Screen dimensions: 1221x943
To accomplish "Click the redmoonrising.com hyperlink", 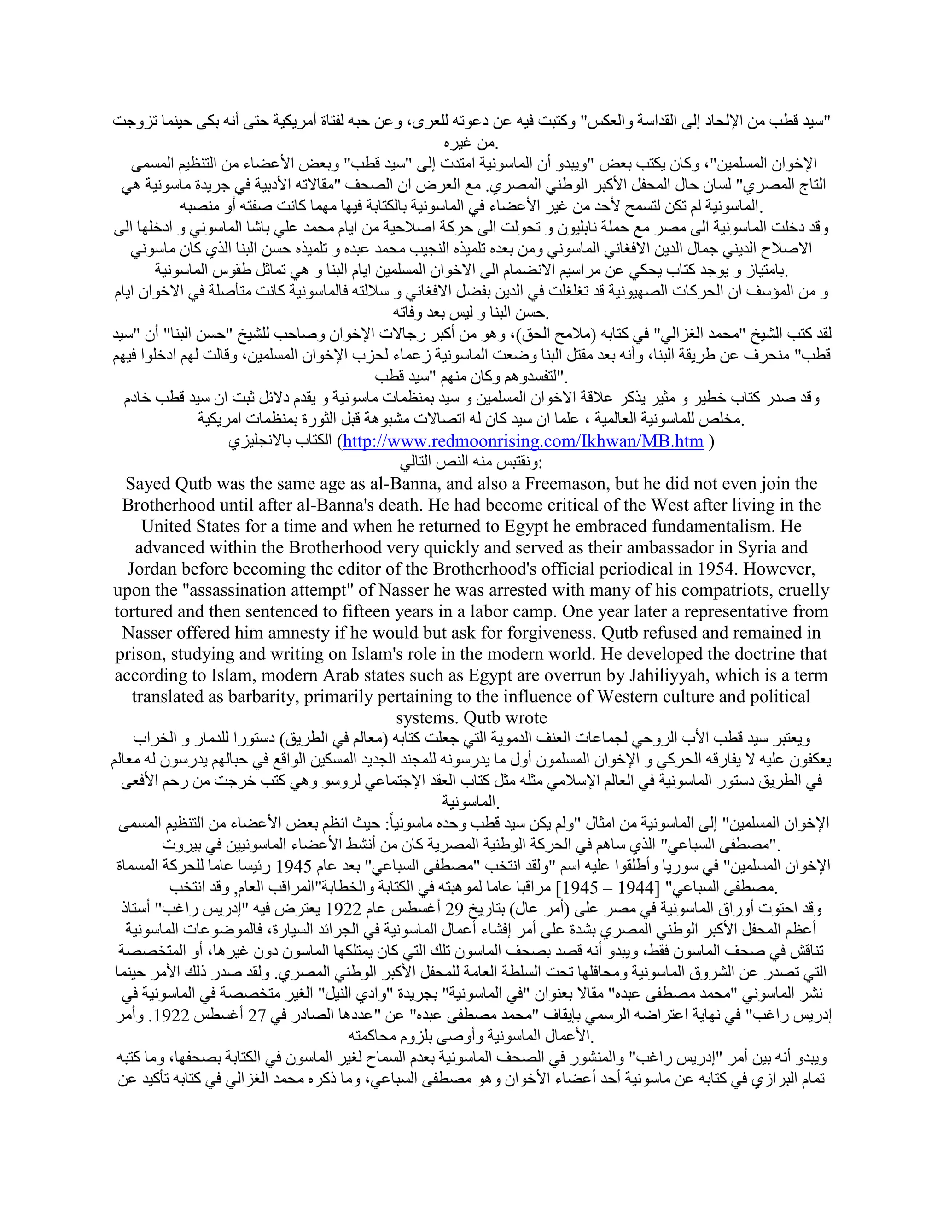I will point(522,442).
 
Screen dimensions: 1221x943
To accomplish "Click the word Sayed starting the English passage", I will point(147,484).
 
